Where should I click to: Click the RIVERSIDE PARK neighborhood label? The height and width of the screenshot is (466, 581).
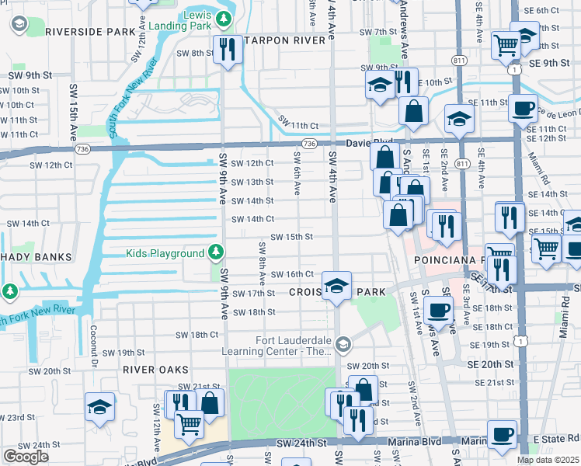pos(90,32)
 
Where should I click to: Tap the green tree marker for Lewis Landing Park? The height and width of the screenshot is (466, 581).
pos(224,17)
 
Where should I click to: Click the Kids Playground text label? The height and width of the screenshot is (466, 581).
pos(165,253)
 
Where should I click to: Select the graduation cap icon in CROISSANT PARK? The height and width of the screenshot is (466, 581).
pos(336,286)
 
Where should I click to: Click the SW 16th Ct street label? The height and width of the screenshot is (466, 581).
pos(291,274)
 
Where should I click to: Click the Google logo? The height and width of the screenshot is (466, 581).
pos(26,456)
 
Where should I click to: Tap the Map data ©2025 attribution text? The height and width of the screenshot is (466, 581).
pos(548,460)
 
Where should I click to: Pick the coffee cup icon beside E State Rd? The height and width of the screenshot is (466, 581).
pos(502,434)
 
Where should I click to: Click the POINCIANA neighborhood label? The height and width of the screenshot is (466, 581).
pos(439,259)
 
